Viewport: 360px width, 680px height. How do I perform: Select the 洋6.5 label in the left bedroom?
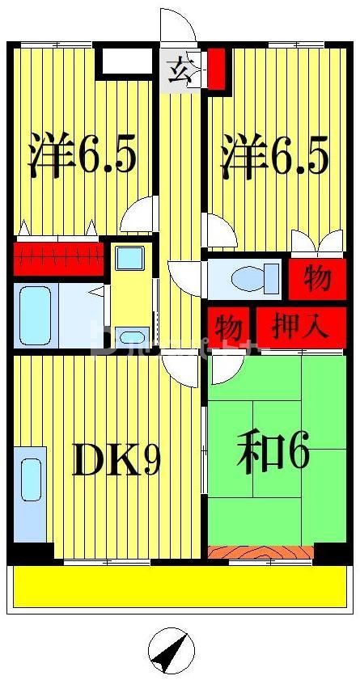click(x=82, y=158)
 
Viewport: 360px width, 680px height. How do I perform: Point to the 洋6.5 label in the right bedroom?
click(x=276, y=158)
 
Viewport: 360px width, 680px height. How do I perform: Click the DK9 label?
click(x=116, y=459)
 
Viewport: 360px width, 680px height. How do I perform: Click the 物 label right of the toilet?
click(x=317, y=278)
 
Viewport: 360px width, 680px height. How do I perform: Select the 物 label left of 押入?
click(x=229, y=327)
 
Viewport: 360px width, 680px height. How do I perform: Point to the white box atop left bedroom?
click(x=125, y=62)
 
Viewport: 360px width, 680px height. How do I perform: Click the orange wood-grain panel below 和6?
click(x=260, y=553)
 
